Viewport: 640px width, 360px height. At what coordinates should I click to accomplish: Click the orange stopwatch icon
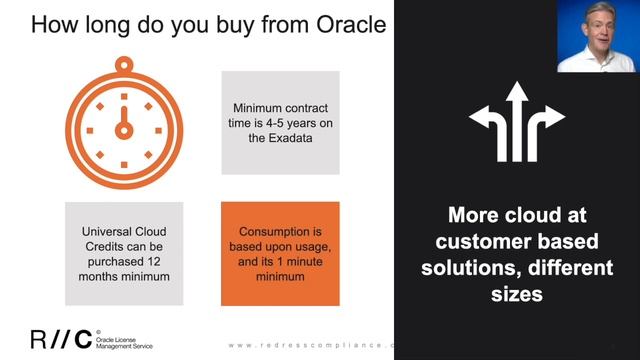click(x=124, y=125)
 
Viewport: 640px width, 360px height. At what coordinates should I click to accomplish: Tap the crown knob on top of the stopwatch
click(x=124, y=64)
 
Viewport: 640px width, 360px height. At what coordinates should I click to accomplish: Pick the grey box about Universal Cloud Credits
click(x=124, y=254)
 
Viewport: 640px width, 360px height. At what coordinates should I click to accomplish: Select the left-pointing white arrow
click(x=485, y=121)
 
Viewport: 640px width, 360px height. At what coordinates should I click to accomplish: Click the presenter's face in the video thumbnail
click(x=597, y=28)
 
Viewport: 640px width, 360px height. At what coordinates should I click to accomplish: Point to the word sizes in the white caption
click(x=516, y=294)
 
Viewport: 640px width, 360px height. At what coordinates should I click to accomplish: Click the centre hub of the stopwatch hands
click(x=124, y=131)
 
